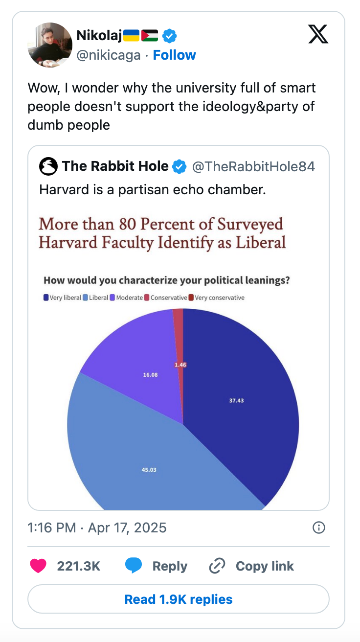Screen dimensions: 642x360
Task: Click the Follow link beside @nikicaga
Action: pyautogui.click(x=174, y=55)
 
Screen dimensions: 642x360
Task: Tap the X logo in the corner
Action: pyautogui.click(x=318, y=34)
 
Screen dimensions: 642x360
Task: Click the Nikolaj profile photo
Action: pyautogui.click(x=50, y=45)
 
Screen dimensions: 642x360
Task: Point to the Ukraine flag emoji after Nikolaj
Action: pyautogui.click(x=131, y=35)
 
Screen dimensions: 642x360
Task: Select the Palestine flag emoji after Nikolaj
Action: pyautogui.click(x=150, y=35)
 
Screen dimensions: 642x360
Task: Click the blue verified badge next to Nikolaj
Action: pyautogui.click(x=169, y=35)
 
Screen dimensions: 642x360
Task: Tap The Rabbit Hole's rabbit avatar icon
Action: pyautogui.click(x=48, y=167)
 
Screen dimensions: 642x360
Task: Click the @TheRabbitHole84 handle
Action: pyautogui.click(x=253, y=167)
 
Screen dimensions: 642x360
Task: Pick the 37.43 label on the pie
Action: pyautogui.click(x=236, y=400)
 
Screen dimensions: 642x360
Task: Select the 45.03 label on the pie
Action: pyautogui.click(x=149, y=470)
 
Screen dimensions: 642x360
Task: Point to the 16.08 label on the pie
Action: pyautogui.click(x=151, y=375)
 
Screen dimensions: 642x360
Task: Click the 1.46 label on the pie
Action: pyautogui.click(x=180, y=365)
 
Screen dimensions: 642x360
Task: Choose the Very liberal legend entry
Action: pyautogui.click(x=62, y=298)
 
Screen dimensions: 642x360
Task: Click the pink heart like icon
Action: pyautogui.click(x=38, y=566)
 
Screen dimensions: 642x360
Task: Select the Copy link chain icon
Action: pyautogui.click(x=217, y=566)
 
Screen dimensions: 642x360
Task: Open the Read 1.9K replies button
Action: pyautogui.click(x=179, y=599)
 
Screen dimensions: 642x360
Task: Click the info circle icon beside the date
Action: pyautogui.click(x=318, y=527)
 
